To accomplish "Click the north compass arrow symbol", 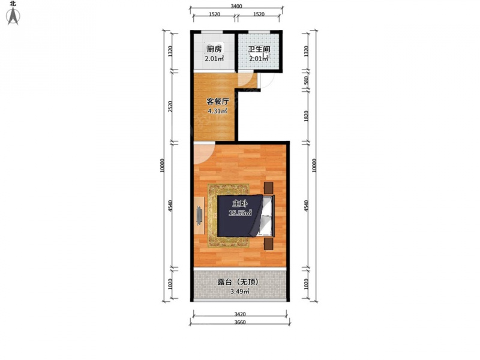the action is (13, 16).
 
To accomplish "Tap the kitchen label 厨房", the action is (214, 49).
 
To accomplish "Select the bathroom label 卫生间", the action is (259, 49).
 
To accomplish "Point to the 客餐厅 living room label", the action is (217, 101).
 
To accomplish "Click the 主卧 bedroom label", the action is (240, 203).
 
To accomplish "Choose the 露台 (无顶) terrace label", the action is (238, 281).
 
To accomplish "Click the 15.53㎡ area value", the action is (240, 213).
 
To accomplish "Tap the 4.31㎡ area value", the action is (217, 111).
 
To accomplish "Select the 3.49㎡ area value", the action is (239, 292).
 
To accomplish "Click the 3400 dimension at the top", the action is (236, 6).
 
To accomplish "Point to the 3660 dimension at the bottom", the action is (240, 322).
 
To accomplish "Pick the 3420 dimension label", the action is (240, 314).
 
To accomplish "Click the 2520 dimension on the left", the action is (170, 107).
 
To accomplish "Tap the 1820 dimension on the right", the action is (306, 116).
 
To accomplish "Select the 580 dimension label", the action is (306, 80).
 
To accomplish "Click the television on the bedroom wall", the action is (199, 215).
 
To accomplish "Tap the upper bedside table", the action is (268, 188).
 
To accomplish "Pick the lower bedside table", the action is (268, 244).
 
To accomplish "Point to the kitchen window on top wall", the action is (212, 32).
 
